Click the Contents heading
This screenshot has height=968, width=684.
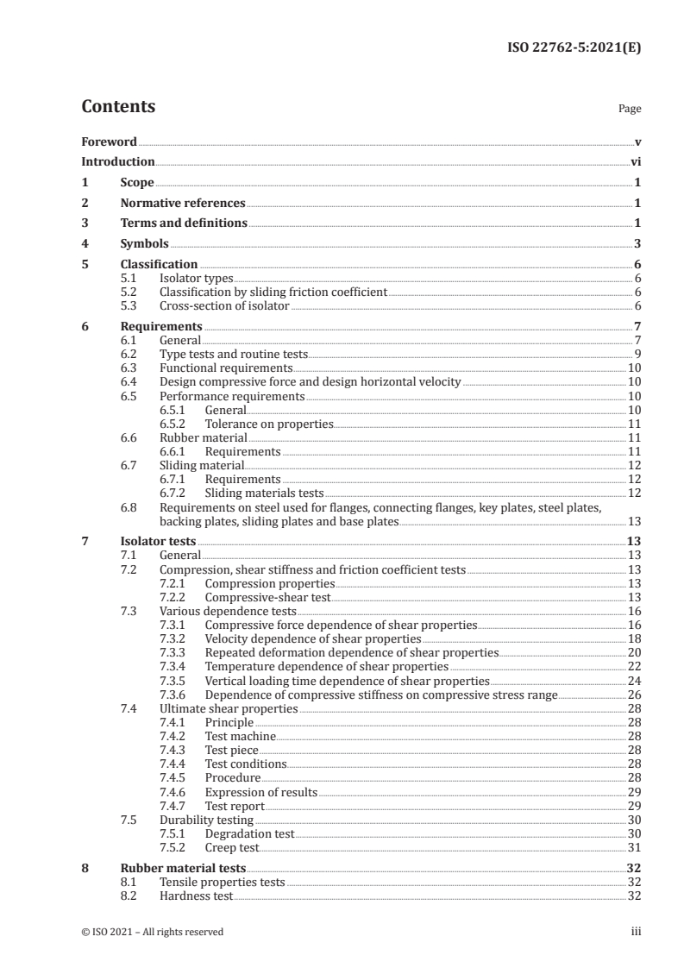point(118,107)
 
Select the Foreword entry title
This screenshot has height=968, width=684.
point(109,141)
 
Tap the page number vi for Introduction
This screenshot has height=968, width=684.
point(635,162)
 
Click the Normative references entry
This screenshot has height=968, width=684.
point(183,203)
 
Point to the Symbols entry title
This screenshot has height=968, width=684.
point(144,244)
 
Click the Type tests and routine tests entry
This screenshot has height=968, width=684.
point(233,354)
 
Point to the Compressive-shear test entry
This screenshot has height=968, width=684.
point(267,597)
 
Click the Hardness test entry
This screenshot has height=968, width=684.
point(196,896)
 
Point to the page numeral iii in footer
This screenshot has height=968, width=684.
point(636,932)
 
